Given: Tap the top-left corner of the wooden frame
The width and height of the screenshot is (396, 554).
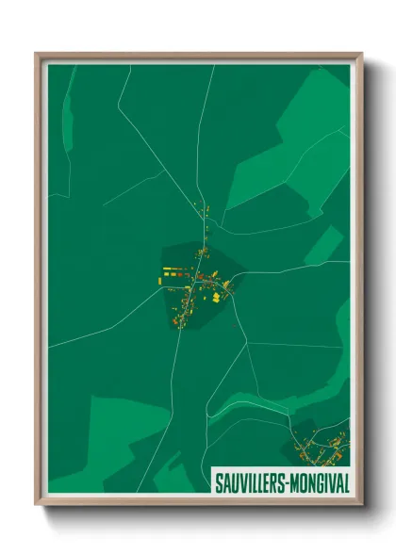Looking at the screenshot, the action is point(37,55).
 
